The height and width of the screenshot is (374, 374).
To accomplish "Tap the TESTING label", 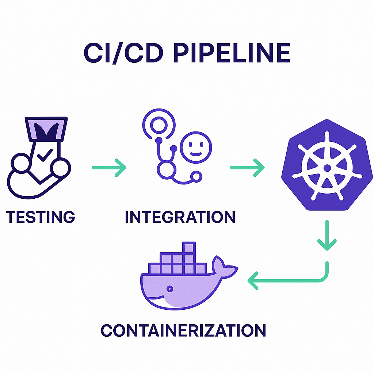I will point(41,217).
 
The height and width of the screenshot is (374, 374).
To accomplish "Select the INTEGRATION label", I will point(180,217).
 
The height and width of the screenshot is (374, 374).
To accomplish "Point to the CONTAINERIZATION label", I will point(183,331).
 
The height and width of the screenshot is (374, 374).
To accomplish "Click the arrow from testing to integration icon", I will point(109,168).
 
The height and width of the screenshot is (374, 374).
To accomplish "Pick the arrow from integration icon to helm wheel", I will point(247,168).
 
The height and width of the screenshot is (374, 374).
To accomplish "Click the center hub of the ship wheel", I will point(327,168).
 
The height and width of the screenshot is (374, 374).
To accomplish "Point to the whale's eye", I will point(169,289).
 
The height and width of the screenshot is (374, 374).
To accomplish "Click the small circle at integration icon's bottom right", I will point(197,177).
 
